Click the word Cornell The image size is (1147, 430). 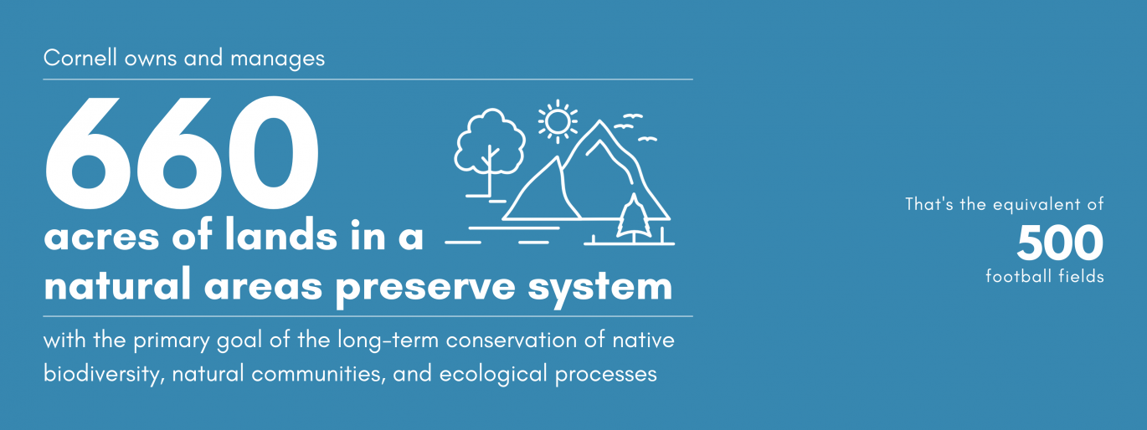tap(80, 58)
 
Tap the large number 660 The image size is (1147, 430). tap(182, 152)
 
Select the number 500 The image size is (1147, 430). tap(1059, 243)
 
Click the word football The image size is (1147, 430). tap(1018, 276)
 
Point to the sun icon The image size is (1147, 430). tap(558, 122)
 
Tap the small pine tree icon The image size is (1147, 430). tap(634, 217)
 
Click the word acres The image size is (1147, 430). tap(102, 238)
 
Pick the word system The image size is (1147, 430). tap(600, 288)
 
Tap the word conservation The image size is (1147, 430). tap(512, 340)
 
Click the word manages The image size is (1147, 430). tap(277, 59)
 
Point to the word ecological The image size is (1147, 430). tap(494, 374)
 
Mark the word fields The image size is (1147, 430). tap(1081, 276)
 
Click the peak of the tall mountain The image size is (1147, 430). tap(600, 120)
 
